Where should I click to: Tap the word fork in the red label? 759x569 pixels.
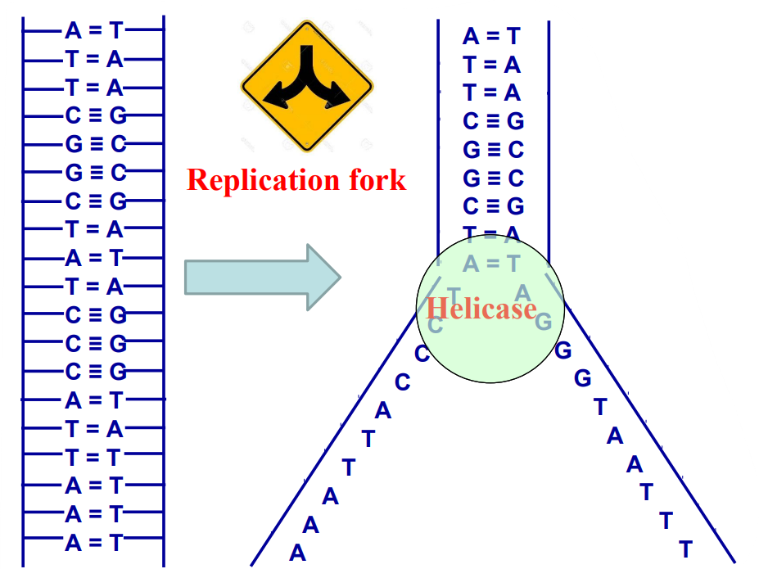375,180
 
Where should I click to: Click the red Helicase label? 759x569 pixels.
481,309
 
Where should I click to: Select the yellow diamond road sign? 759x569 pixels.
307,86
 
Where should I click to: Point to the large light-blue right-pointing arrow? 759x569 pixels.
262,277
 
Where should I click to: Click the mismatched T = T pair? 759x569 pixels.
94,458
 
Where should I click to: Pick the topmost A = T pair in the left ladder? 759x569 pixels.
94,31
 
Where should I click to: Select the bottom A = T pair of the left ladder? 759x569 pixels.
94,543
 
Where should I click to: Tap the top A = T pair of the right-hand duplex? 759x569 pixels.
491,36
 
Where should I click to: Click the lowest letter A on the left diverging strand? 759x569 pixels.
297,553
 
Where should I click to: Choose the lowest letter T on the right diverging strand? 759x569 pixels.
686,549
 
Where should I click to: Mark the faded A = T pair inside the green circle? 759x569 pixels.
491,264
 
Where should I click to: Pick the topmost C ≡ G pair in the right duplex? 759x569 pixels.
493,121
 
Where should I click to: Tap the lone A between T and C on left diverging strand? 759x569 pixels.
383,411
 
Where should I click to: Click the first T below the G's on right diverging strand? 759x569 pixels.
600,407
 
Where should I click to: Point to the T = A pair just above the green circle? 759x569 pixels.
491,235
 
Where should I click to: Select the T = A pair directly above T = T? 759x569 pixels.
94,429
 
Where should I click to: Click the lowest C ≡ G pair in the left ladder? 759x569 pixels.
96,372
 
